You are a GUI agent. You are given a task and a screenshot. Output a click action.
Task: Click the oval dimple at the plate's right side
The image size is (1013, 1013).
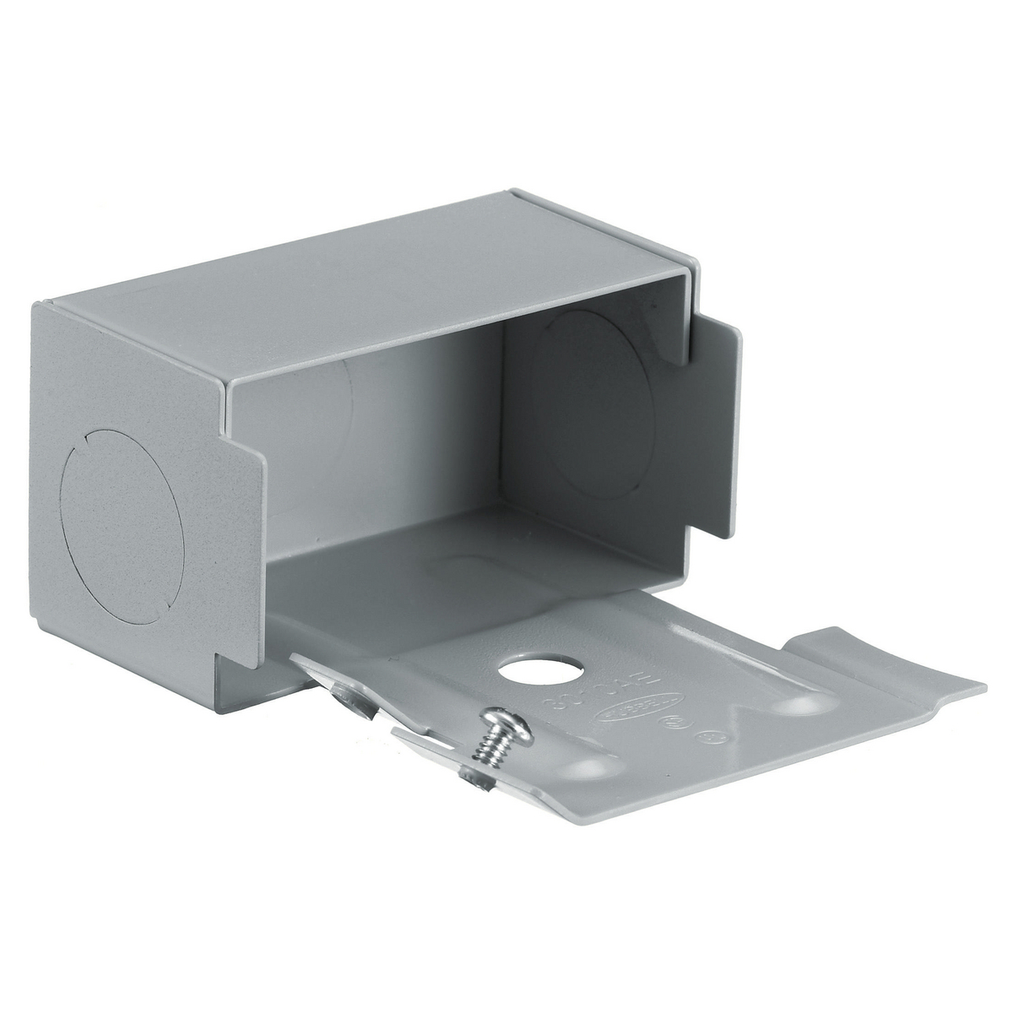click(x=798, y=702)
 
